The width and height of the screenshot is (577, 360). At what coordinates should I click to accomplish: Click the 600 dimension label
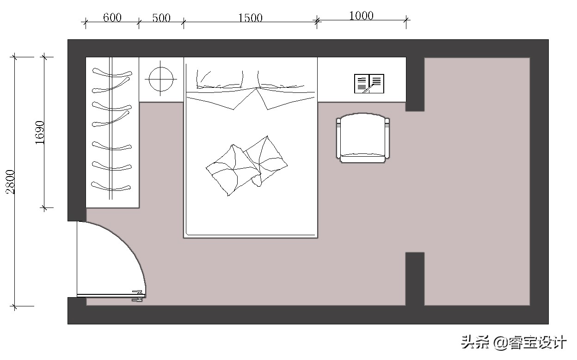coord(112,18)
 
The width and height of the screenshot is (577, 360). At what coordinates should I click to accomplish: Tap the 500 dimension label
coord(161,18)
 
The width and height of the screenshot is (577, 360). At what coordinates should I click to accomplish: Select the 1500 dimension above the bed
coord(250,18)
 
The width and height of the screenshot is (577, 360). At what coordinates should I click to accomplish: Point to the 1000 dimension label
coord(361,16)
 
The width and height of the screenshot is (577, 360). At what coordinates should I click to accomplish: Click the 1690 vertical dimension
coord(40,132)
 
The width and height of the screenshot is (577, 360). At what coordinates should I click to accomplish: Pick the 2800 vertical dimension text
coord(10,182)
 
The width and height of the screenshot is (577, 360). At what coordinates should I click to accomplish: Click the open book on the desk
coord(369,84)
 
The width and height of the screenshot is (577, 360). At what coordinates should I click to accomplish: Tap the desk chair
coord(362,138)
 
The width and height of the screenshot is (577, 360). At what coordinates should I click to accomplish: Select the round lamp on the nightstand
coord(161,79)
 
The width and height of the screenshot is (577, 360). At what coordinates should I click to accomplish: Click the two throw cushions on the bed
coord(246,165)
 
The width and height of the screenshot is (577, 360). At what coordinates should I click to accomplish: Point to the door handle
coord(137,296)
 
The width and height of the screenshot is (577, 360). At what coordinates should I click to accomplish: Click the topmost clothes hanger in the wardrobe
coord(112,73)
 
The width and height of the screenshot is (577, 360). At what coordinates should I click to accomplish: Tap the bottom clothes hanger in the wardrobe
coord(111,186)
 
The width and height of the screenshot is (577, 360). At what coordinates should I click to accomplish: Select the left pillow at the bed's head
coord(220,79)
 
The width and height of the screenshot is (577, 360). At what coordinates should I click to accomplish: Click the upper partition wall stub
coord(415,84)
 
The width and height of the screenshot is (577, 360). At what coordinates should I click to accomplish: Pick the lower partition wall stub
coord(415,279)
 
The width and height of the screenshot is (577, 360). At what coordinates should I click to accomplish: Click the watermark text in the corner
coord(513,342)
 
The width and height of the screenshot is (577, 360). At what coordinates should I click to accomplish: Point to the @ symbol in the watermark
coord(501,343)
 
